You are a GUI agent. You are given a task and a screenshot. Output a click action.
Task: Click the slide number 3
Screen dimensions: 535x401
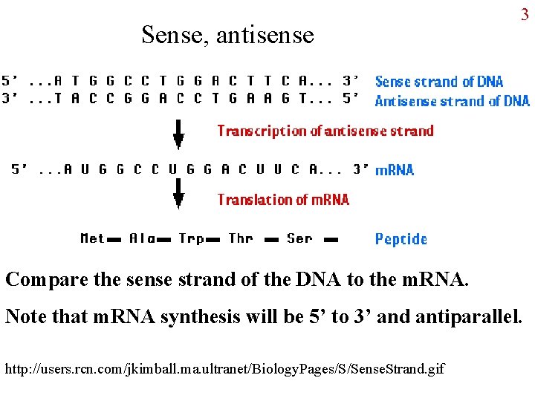(524, 14)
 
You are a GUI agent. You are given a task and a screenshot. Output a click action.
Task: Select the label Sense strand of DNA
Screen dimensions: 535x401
(438, 82)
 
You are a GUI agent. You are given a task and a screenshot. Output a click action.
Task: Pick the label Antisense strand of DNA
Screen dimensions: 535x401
(452, 101)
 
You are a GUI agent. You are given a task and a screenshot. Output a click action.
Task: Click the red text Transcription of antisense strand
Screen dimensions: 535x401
(325, 131)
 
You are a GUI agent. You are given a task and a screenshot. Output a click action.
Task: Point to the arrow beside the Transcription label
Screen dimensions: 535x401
(178, 133)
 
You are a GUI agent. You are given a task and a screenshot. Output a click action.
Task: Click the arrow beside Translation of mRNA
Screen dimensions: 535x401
(178, 195)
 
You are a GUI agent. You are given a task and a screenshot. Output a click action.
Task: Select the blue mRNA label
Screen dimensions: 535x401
(395, 170)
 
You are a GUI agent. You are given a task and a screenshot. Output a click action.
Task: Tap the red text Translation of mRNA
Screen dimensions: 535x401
(282, 199)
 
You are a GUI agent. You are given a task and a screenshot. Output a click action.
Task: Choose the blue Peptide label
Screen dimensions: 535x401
(401, 239)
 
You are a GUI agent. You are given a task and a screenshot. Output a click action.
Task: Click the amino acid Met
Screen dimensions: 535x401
(92, 238)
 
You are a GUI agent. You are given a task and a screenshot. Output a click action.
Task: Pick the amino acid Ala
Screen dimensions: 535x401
(141, 238)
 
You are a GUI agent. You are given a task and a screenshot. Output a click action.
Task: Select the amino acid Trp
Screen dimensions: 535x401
(191, 238)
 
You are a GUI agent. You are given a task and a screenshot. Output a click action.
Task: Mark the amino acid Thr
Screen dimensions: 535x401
(241, 238)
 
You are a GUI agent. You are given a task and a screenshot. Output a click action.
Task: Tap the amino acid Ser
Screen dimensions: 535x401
(299, 238)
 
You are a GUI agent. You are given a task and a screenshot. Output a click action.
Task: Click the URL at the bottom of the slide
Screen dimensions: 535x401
(224, 368)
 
